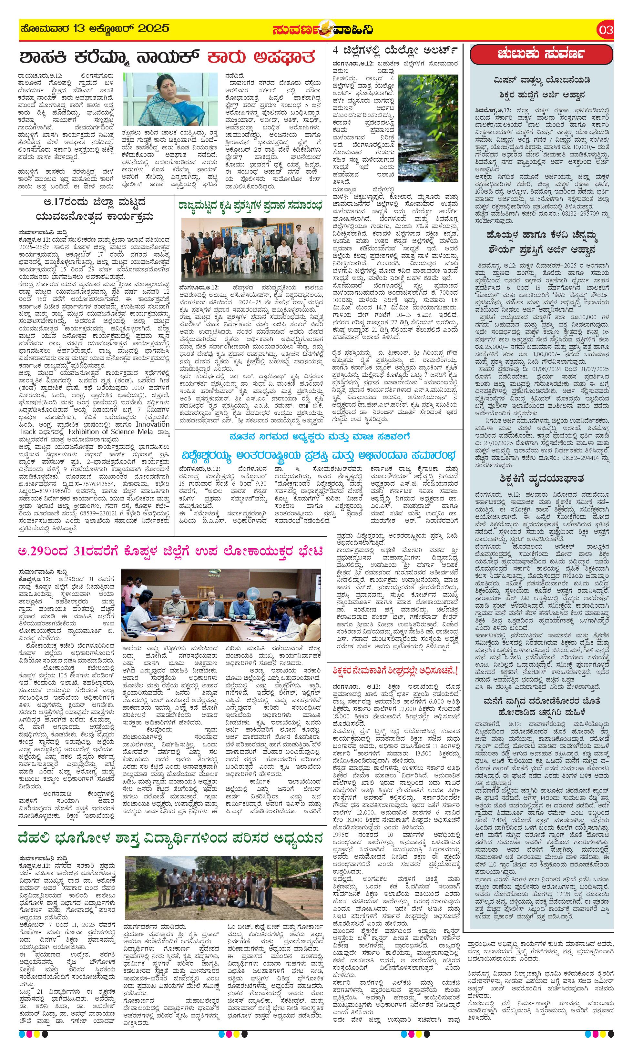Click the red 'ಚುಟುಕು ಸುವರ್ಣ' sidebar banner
[x=541, y=54]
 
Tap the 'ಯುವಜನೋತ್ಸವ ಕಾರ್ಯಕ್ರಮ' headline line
[x=95, y=217]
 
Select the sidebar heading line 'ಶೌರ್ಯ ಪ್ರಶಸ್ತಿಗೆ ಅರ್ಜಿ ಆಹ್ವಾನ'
[x=542, y=249]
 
